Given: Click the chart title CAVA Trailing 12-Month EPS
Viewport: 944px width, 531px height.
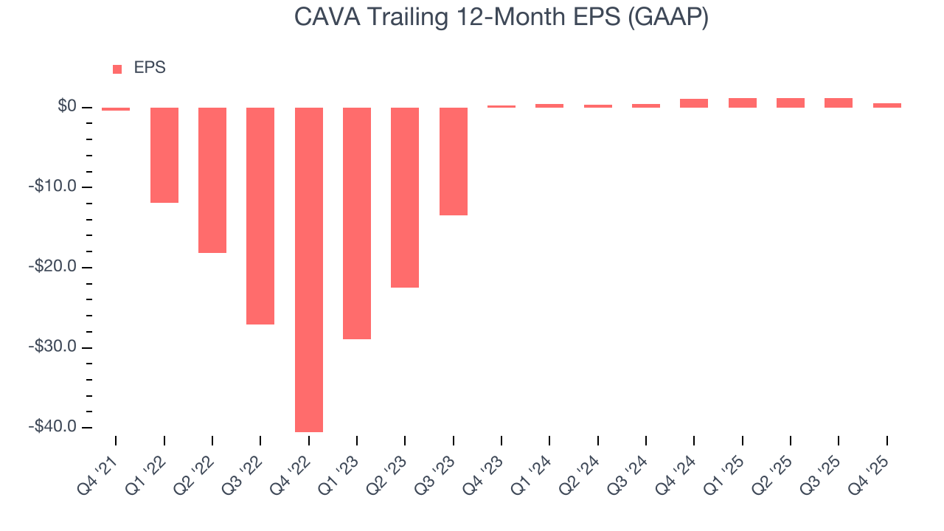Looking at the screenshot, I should [502, 18].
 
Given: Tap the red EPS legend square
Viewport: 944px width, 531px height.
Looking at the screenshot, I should [117, 69].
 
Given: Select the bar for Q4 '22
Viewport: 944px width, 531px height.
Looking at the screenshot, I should [309, 269].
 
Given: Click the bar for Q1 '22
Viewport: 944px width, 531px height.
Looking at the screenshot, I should [164, 155].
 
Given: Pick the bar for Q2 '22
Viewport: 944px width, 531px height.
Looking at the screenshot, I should [212, 180].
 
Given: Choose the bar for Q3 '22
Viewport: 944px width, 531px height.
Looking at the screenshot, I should [260, 215].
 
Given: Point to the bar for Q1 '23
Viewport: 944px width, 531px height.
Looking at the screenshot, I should [357, 223].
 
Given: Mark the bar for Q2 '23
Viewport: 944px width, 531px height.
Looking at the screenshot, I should [405, 197].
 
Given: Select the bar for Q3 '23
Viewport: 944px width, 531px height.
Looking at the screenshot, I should [454, 161].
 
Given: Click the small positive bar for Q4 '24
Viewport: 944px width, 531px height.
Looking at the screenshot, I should [694, 103].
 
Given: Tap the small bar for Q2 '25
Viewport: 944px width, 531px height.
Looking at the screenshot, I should [791, 103].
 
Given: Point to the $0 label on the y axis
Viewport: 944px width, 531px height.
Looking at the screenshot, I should [68, 108].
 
